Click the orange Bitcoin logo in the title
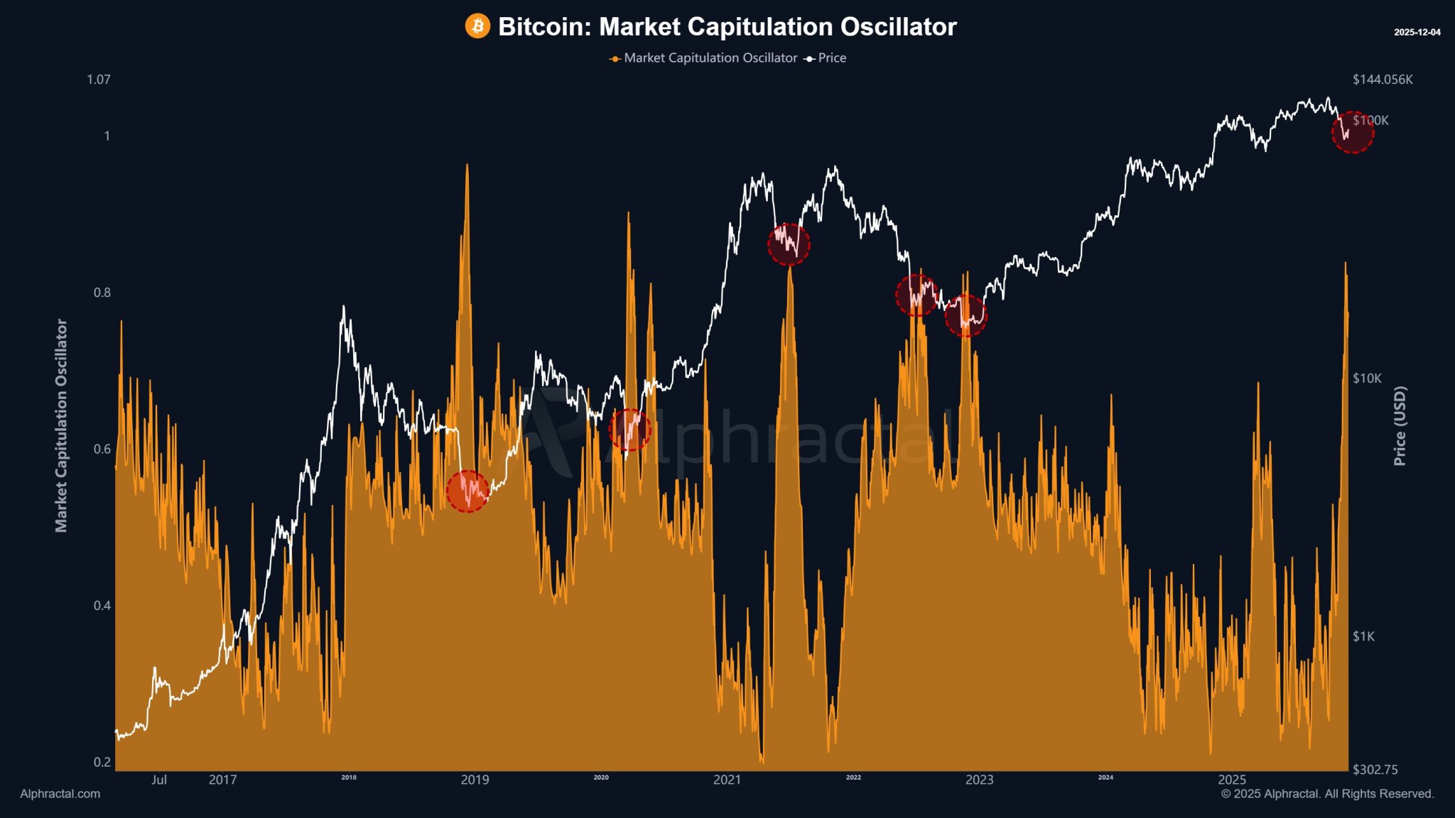click(x=477, y=26)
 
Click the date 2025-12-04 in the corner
click(x=1417, y=33)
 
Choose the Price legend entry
click(x=826, y=58)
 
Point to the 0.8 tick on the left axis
click(x=102, y=293)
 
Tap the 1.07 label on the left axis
click(x=99, y=80)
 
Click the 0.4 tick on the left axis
click(x=102, y=606)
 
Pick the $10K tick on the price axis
click(x=1367, y=378)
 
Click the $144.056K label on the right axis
click(x=1383, y=80)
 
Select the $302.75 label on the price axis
click(x=1375, y=770)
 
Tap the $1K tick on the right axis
click(x=1363, y=636)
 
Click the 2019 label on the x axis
click(x=475, y=780)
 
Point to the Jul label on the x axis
click(x=159, y=780)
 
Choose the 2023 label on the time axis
click(x=979, y=780)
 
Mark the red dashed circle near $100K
click(x=1352, y=133)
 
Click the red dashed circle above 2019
click(x=467, y=491)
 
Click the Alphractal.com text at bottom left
click(x=60, y=794)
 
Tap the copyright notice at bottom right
click(x=1327, y=794)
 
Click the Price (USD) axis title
click(x=1400, y=426)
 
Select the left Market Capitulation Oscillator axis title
click(x=61, y=425)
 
